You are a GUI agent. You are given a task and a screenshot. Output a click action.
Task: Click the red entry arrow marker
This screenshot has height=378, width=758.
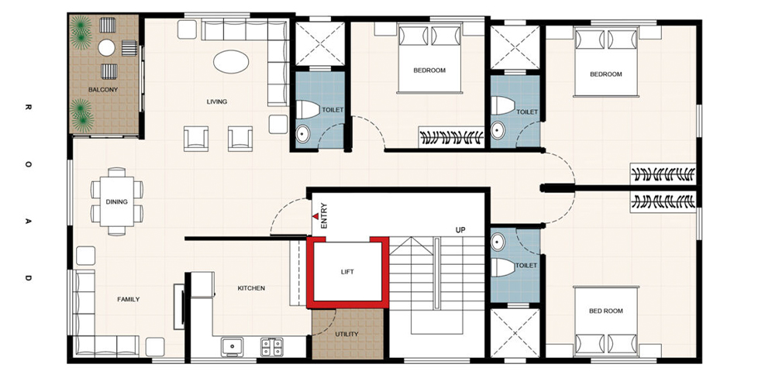[x=315, y=217]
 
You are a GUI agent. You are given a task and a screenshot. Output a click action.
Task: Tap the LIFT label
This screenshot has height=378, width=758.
[x=347, y=272]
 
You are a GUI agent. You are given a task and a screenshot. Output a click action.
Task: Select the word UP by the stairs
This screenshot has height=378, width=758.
[x=460, y=231]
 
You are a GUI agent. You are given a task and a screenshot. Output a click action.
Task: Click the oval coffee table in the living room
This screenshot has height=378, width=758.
[x=231, y=62]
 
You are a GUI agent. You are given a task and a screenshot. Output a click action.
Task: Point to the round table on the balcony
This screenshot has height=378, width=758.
[x=106, y=47]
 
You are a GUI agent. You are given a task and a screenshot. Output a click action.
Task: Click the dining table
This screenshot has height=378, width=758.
[x=117, y=201]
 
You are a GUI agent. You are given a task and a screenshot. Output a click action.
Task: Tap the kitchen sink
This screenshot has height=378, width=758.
[x=233, y=346]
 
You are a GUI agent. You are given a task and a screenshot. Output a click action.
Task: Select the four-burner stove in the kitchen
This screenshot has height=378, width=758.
[x=272, y=346]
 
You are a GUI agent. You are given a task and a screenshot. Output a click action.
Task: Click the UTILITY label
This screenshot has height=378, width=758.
[x=347, y=334]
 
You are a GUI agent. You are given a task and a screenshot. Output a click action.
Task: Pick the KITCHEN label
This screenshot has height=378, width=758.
[x=251, y=288]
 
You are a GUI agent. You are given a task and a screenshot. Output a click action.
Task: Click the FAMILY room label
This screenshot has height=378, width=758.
[x=128, y=299]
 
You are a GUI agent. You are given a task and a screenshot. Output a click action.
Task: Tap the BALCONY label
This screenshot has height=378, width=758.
[x=103, y=89]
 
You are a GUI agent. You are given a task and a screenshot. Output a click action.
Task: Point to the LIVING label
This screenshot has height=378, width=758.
[x=216, y=101]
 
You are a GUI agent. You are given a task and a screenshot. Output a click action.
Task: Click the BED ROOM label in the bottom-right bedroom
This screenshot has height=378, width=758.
[x=606, y=311]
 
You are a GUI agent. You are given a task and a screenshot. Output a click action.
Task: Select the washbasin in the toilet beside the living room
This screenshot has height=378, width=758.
[x=303, y=134]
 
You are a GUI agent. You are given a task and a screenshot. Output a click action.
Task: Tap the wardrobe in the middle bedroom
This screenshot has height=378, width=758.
[x=451, y=137]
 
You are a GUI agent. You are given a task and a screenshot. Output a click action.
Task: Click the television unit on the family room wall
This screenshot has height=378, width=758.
[x=179, y=307]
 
